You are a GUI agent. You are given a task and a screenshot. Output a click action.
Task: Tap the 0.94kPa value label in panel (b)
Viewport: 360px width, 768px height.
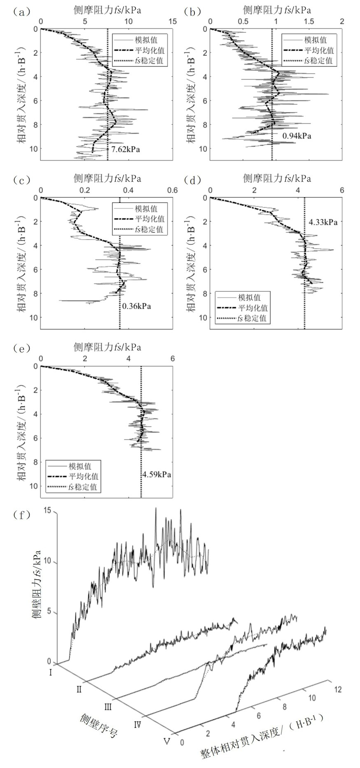297,136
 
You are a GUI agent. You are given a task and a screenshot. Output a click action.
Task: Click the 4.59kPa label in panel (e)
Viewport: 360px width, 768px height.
157,475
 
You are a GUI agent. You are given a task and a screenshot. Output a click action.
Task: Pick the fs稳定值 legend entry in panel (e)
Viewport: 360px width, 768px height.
83,487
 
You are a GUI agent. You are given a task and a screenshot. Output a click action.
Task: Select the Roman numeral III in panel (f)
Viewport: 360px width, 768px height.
108,707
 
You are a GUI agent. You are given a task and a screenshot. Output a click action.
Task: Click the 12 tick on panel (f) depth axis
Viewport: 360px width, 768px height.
338,689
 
